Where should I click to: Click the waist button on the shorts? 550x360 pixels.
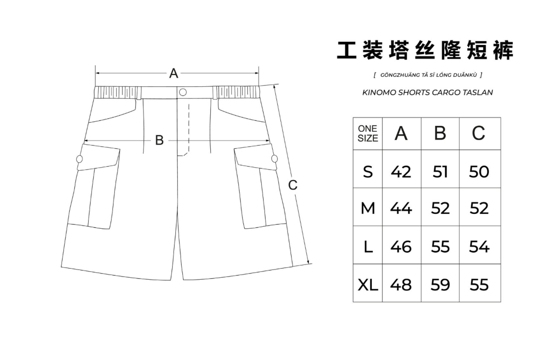click(182, 92)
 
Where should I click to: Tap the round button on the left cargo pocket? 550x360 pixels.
click(79, 159)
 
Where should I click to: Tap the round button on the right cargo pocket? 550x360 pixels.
click(275, 159)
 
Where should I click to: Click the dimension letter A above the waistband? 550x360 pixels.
click(174, 73)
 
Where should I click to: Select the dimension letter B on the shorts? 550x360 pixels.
click(159, 141)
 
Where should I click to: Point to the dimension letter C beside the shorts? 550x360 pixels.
click(292, 185)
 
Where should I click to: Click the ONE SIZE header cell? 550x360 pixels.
click(368, 133)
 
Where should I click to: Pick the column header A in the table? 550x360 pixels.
click(401, 133)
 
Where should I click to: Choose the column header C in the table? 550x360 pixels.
click(479, 133)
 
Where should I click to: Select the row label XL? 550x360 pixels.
click(368, 285)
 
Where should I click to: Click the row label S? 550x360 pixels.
click(368, 172)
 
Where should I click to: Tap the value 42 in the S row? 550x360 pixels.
click(401, 172)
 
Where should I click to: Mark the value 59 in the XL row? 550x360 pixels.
click(440, 285)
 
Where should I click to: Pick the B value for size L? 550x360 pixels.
click(440, 247)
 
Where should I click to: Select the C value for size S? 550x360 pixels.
click(479, 172)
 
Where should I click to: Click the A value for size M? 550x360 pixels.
click(401, 209)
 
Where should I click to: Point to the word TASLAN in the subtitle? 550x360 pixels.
click(479, 92)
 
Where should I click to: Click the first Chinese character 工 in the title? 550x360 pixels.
click(347, 50)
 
